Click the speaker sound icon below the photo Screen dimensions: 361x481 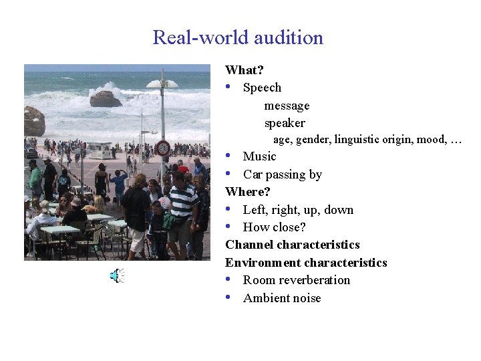click(x=117, y=275)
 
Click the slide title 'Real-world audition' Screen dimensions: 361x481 click(x=238, y=37)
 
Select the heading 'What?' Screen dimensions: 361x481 click(x=245, y=70)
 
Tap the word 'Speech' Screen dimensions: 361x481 click(x=262, y=88)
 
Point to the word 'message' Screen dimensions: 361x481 click(x=287, y=106)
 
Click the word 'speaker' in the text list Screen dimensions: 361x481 click(x=285, y=123)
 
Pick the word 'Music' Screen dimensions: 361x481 click(x=259, y=156)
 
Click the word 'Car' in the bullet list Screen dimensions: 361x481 click(x=253, y=174)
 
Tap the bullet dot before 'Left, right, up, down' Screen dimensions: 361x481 click(x=229, y=209)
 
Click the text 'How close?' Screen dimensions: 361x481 click(x=274, y=227)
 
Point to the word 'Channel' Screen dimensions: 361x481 click(x=249, y=245)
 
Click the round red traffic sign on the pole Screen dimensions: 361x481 click(x=162, y=148)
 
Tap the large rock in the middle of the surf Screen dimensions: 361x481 click(x=106, y=99)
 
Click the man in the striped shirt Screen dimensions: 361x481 click(x=182, y=204)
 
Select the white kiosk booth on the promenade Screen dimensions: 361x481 click(x=100, y=150)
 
